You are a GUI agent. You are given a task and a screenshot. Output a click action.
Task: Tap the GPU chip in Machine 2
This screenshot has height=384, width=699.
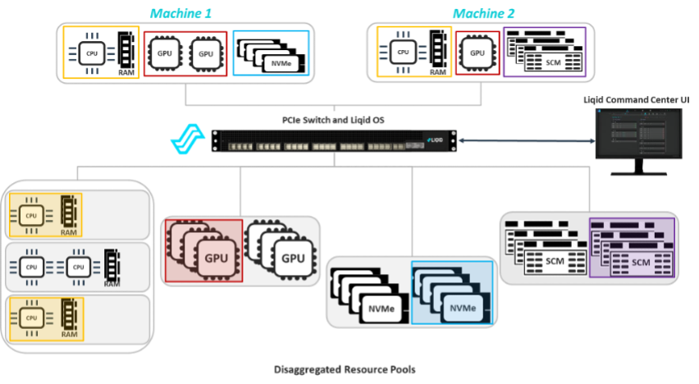click(x=477, y=53)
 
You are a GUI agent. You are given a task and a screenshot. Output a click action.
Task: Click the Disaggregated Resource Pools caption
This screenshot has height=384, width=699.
click(x=344, y=370)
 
